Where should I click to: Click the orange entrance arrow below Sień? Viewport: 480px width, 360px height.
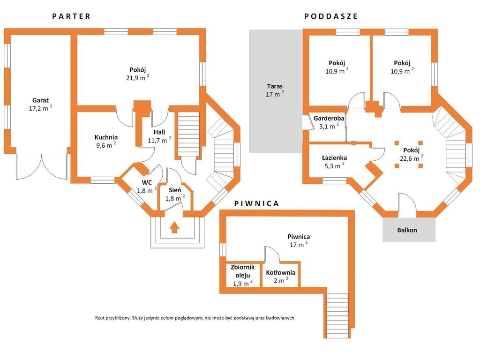pyautogui.click(x=174, y=227)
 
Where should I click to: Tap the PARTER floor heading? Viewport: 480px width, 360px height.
pyautogui.click(x=71, y=16)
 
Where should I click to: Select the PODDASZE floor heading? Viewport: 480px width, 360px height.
pyautogui.click(x=331, y=16)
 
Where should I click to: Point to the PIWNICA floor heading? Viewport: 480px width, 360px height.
pyautogui.click(x=256, y=204)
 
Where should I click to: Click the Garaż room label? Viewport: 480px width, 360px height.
pyautogui.click(x=41, y=100)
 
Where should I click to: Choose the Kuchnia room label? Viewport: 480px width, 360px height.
pyautogui.click(x=106, y=137)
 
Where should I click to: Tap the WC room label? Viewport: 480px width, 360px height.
pyautogui.click(x=147, y=183)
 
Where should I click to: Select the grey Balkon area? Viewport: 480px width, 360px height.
pyautogui.click(x=409, y=230)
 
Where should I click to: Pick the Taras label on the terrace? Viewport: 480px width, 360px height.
pyautogui.click(x=275, y=86)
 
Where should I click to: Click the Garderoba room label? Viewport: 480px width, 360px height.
pyautogui.click(x=329, y=118)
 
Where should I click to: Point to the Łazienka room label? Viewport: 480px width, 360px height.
pyautogui.click(x=334, y=158)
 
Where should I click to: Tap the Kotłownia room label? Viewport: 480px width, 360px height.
pyautogui.click(x=280, y=273)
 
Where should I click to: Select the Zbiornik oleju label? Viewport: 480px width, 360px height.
pyautogui.click(x=242, y=271)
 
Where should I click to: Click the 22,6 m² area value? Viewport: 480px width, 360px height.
pyautogui.click(x=412, y=158)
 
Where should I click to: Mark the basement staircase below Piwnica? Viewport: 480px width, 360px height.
pyautogui.click(x=337, y=315)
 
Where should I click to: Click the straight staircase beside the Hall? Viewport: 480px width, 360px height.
pyautogui.click(x=188, y=134)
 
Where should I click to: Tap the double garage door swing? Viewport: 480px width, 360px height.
pyautogui.click(x=42, y=166)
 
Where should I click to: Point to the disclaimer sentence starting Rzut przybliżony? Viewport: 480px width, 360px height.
pyautogui.click(x=195, y=318)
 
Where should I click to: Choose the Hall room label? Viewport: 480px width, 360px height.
pyautogui.click(x=159, y=132)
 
